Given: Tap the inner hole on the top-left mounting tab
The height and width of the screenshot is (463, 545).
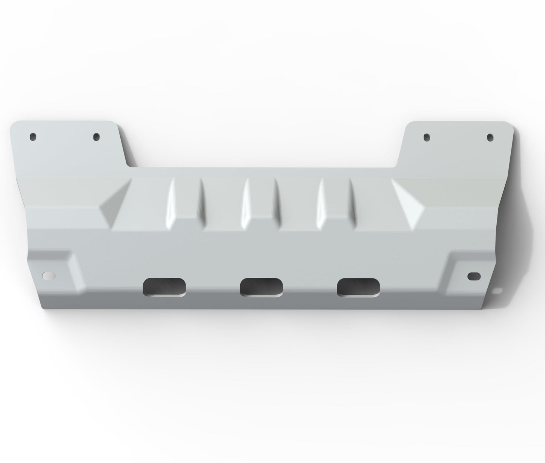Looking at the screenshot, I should pos(97,136).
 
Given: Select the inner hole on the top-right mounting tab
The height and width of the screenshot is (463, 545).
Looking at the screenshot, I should pos(427,137).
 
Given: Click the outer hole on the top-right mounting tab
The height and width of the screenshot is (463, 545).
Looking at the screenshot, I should pos(490,137).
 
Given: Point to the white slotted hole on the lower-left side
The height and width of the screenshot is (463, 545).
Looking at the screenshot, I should pos(49,275).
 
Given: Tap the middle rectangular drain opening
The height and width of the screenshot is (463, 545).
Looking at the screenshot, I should pos(261,287).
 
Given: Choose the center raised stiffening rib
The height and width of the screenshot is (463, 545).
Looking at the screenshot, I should pos(260,204).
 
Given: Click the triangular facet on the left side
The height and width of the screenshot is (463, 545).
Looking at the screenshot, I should pos(113,206).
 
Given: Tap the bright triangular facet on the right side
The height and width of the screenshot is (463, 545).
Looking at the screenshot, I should pos(409,204).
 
